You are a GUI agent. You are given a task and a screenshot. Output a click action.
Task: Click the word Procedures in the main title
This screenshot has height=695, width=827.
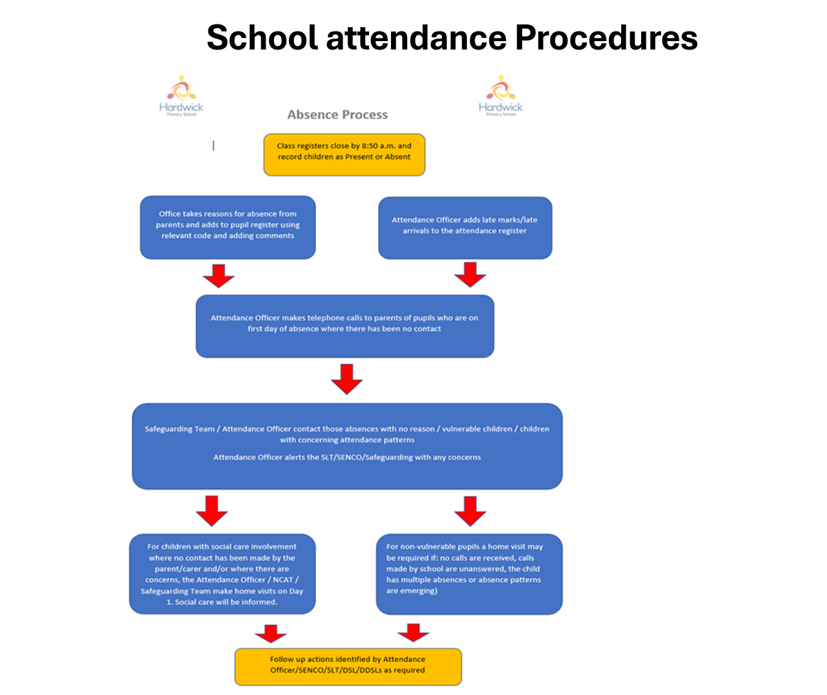606,38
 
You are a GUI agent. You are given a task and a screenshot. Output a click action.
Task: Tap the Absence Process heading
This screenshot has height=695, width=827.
338,115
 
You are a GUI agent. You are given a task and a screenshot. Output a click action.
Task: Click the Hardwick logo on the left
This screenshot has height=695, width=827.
181,96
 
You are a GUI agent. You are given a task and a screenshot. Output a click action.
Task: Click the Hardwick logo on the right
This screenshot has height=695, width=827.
500,96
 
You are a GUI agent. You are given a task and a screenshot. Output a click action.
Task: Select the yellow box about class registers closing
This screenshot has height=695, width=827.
344,154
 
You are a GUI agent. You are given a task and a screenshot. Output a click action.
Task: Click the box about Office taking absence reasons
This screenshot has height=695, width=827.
228,228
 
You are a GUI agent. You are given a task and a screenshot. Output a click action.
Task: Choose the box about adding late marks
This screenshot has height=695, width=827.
465,228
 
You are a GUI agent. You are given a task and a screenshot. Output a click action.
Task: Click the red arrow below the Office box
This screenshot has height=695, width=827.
219,275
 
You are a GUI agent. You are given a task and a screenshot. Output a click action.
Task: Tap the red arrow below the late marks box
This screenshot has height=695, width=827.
470,275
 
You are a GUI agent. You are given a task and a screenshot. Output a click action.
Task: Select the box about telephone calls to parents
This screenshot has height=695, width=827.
345,326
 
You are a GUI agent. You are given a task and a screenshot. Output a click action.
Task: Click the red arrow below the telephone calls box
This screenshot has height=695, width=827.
347,379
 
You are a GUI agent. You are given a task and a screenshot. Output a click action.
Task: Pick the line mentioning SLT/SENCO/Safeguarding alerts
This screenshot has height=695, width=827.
347,458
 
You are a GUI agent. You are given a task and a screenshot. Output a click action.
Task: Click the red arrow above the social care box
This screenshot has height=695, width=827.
212,510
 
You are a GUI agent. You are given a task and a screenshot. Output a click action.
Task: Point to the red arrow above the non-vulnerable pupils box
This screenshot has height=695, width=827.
470,510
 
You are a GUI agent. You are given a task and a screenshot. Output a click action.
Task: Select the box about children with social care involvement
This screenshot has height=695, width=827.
223,574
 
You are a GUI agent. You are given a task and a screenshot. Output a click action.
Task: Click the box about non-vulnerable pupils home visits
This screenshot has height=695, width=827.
469,574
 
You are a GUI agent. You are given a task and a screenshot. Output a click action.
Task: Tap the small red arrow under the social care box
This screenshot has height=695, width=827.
271,633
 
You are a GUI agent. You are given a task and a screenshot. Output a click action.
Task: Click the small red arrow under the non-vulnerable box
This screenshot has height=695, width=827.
413,633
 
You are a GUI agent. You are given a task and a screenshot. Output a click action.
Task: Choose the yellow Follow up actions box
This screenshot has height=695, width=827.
348,666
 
